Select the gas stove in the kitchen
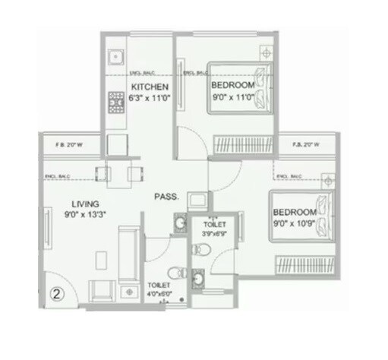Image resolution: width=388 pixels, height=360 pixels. pos(117,101)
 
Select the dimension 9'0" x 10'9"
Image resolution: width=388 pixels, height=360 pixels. pos(295,223)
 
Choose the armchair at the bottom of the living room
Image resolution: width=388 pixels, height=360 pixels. pos(100,290)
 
